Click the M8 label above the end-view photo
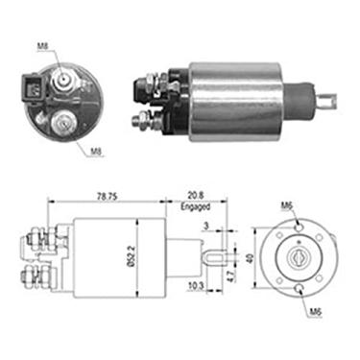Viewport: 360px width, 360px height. point(43,43)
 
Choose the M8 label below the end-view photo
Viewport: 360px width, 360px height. point(95,151)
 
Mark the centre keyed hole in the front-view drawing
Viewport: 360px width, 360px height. point(297,257)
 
